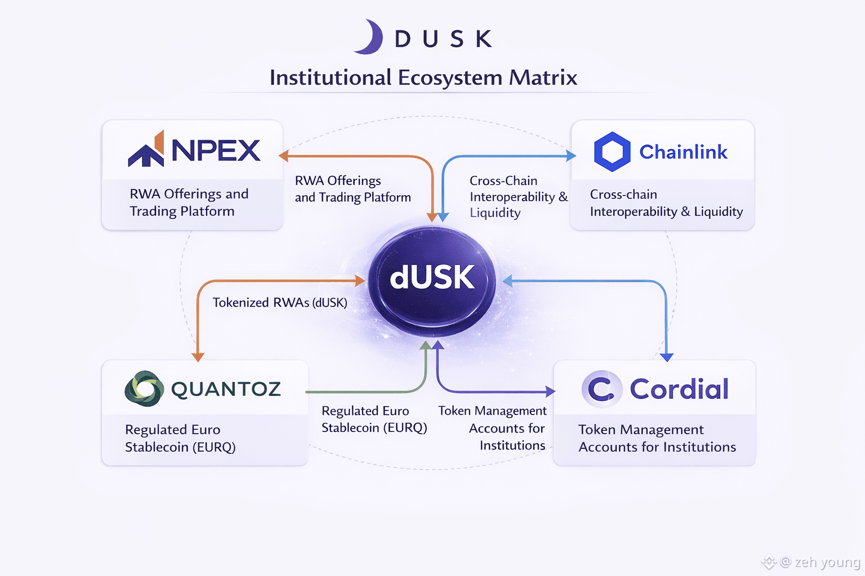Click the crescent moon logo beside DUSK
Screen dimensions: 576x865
pos(370,38)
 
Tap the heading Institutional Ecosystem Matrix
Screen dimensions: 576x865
pos(423,78)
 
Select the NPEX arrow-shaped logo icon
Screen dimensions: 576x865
pos(147,150)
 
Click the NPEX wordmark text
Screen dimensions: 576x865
pos(216,151)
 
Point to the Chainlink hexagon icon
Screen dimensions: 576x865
pos(612,152)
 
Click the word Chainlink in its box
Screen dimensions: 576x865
pos(683,152)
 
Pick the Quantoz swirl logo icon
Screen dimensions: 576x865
pos(144,389)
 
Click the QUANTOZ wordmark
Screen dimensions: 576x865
pos(226,389)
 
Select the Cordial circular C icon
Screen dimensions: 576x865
pos(601,389)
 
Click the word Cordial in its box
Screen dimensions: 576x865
pos(679,389)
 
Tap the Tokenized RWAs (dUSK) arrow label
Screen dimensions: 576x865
pos(280,303)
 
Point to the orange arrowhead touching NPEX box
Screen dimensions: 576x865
pos(284,156)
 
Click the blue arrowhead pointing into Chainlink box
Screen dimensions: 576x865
pos(571,156)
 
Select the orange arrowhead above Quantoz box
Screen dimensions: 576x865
pos(198,357)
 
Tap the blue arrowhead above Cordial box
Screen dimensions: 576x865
pos(667,357)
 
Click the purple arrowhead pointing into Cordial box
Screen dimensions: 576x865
pos(550,391)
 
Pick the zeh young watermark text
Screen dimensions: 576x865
pos(827,562)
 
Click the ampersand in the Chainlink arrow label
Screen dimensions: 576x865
pos(563,197)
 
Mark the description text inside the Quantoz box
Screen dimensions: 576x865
pos(180,438)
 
